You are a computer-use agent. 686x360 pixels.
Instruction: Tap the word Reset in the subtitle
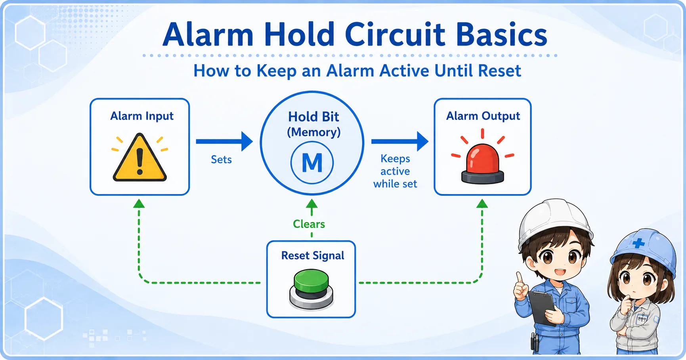tap(499, 71)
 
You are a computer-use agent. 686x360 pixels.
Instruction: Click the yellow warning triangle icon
tap(139, 157)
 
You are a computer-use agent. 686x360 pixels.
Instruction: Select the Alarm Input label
tap(142, 116)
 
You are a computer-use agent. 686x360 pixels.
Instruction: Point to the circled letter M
tap(312, 162)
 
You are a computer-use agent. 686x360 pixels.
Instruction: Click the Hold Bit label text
tap(313, 117)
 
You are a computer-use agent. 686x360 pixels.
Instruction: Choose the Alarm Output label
tap(483, 116)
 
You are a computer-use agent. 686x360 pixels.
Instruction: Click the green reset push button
tap(311, 289)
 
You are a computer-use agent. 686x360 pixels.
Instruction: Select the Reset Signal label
tap(313, 256)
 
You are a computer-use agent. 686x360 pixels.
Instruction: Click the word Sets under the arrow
tap(221, 160)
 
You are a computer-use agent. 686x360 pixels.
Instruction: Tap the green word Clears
tap(309, 224)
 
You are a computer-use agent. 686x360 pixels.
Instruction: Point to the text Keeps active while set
tap(395, 171)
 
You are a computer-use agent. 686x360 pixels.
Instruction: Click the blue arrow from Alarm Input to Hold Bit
tap(224, 141)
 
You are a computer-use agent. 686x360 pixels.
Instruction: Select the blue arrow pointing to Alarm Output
tap(400, 141)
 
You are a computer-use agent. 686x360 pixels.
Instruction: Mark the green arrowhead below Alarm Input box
tap(139, 204)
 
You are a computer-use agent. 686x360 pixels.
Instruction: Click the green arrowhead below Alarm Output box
tap(482, 204)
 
